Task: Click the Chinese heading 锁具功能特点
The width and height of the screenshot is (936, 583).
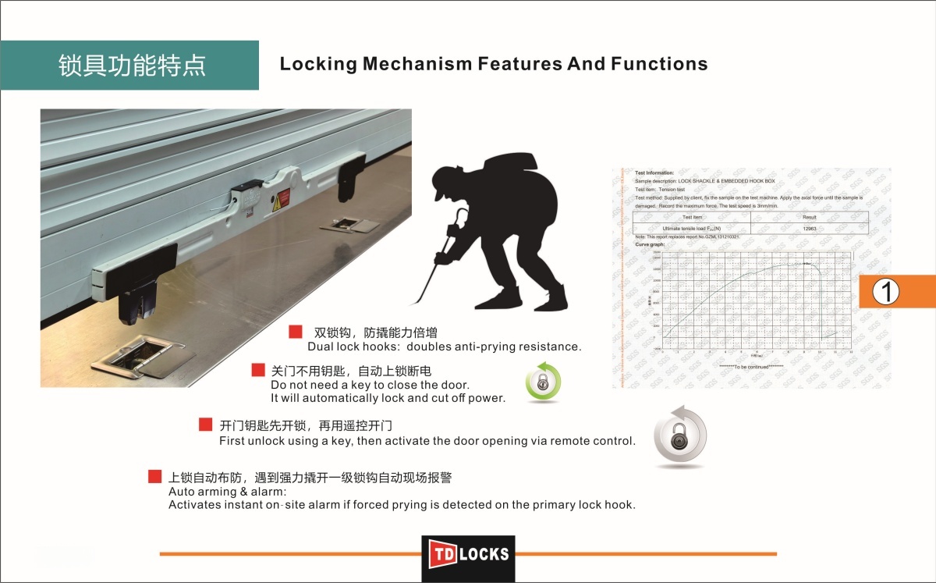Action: (132, 66)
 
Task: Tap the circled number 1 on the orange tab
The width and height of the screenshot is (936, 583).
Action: (886, 291)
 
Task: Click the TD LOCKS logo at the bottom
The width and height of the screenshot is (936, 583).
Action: (468, 554)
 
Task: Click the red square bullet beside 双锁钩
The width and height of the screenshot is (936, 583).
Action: (296, 332)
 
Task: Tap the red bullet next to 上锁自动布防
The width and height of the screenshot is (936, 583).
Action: (154, 476)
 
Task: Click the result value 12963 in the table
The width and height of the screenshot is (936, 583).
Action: (809, 228)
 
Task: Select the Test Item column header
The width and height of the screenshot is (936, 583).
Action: (692, 217)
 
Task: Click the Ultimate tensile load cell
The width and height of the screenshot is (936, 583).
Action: (692, 228)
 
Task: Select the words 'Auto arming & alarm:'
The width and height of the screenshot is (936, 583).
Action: (228, 492)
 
